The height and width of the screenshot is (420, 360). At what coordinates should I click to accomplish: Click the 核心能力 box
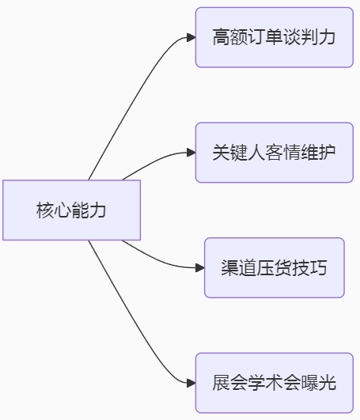point(71,210)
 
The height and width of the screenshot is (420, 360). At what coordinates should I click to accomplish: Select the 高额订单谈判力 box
point(275,37)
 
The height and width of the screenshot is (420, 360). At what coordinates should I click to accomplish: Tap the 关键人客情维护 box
point(275,153)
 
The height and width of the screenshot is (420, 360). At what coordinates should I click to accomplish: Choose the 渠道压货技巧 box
point(275,267)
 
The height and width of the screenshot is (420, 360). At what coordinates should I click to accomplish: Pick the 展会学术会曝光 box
point(275,383)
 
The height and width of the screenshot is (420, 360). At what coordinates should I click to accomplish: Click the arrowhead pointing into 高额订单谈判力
point(191,37)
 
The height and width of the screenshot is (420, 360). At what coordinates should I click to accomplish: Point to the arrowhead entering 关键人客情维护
point(191,153)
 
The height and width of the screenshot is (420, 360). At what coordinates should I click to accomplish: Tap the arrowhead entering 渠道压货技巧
point(200,267)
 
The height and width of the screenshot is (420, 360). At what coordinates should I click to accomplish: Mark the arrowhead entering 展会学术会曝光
point(191,383)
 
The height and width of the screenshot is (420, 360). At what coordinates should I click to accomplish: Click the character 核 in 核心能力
point(45,210)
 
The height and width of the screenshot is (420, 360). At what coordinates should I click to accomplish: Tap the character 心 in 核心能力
point(63,210)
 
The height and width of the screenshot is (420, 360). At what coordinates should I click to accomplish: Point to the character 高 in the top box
point(222,37)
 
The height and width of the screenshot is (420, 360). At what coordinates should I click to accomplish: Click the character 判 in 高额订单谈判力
point(309,37)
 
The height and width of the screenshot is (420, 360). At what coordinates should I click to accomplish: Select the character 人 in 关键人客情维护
point(256,152)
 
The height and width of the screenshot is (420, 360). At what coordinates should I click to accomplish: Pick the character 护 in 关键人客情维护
point(328,152)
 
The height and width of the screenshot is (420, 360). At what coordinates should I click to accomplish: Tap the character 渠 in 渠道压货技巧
point(230,267)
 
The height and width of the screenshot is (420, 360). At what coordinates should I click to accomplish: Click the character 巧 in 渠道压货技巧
point(319,267)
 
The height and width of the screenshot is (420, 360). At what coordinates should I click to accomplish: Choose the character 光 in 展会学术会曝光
point(328,383)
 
